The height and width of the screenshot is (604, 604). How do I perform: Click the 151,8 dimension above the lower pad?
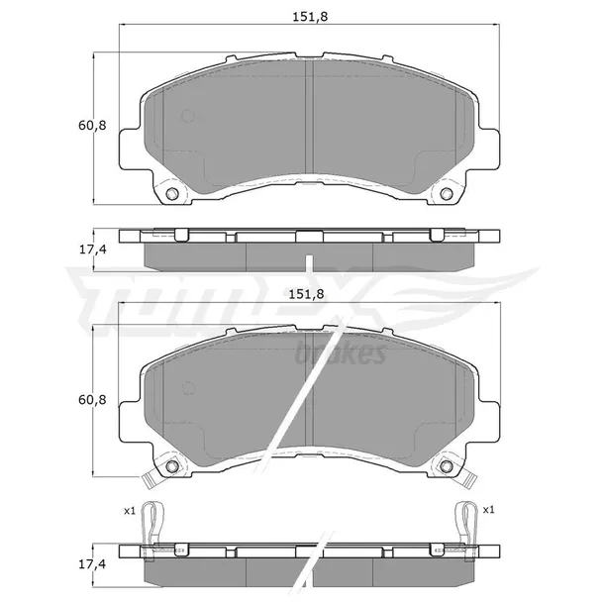[x=306, y=294]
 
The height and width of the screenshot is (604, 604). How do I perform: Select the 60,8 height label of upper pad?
[x=92, y=126]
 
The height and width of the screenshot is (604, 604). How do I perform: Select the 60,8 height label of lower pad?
[x=92, y=400]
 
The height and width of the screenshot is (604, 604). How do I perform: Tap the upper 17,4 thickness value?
[x=92, y=250]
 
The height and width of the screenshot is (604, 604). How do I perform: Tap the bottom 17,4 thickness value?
[x=92, y=564]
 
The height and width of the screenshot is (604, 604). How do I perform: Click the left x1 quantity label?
[x=130, y=511]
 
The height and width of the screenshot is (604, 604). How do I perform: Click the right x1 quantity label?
[x=488, y=510]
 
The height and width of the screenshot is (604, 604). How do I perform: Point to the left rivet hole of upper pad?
[x=172, y=193]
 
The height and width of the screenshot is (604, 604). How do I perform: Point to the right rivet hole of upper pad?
[x=446, y=193]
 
